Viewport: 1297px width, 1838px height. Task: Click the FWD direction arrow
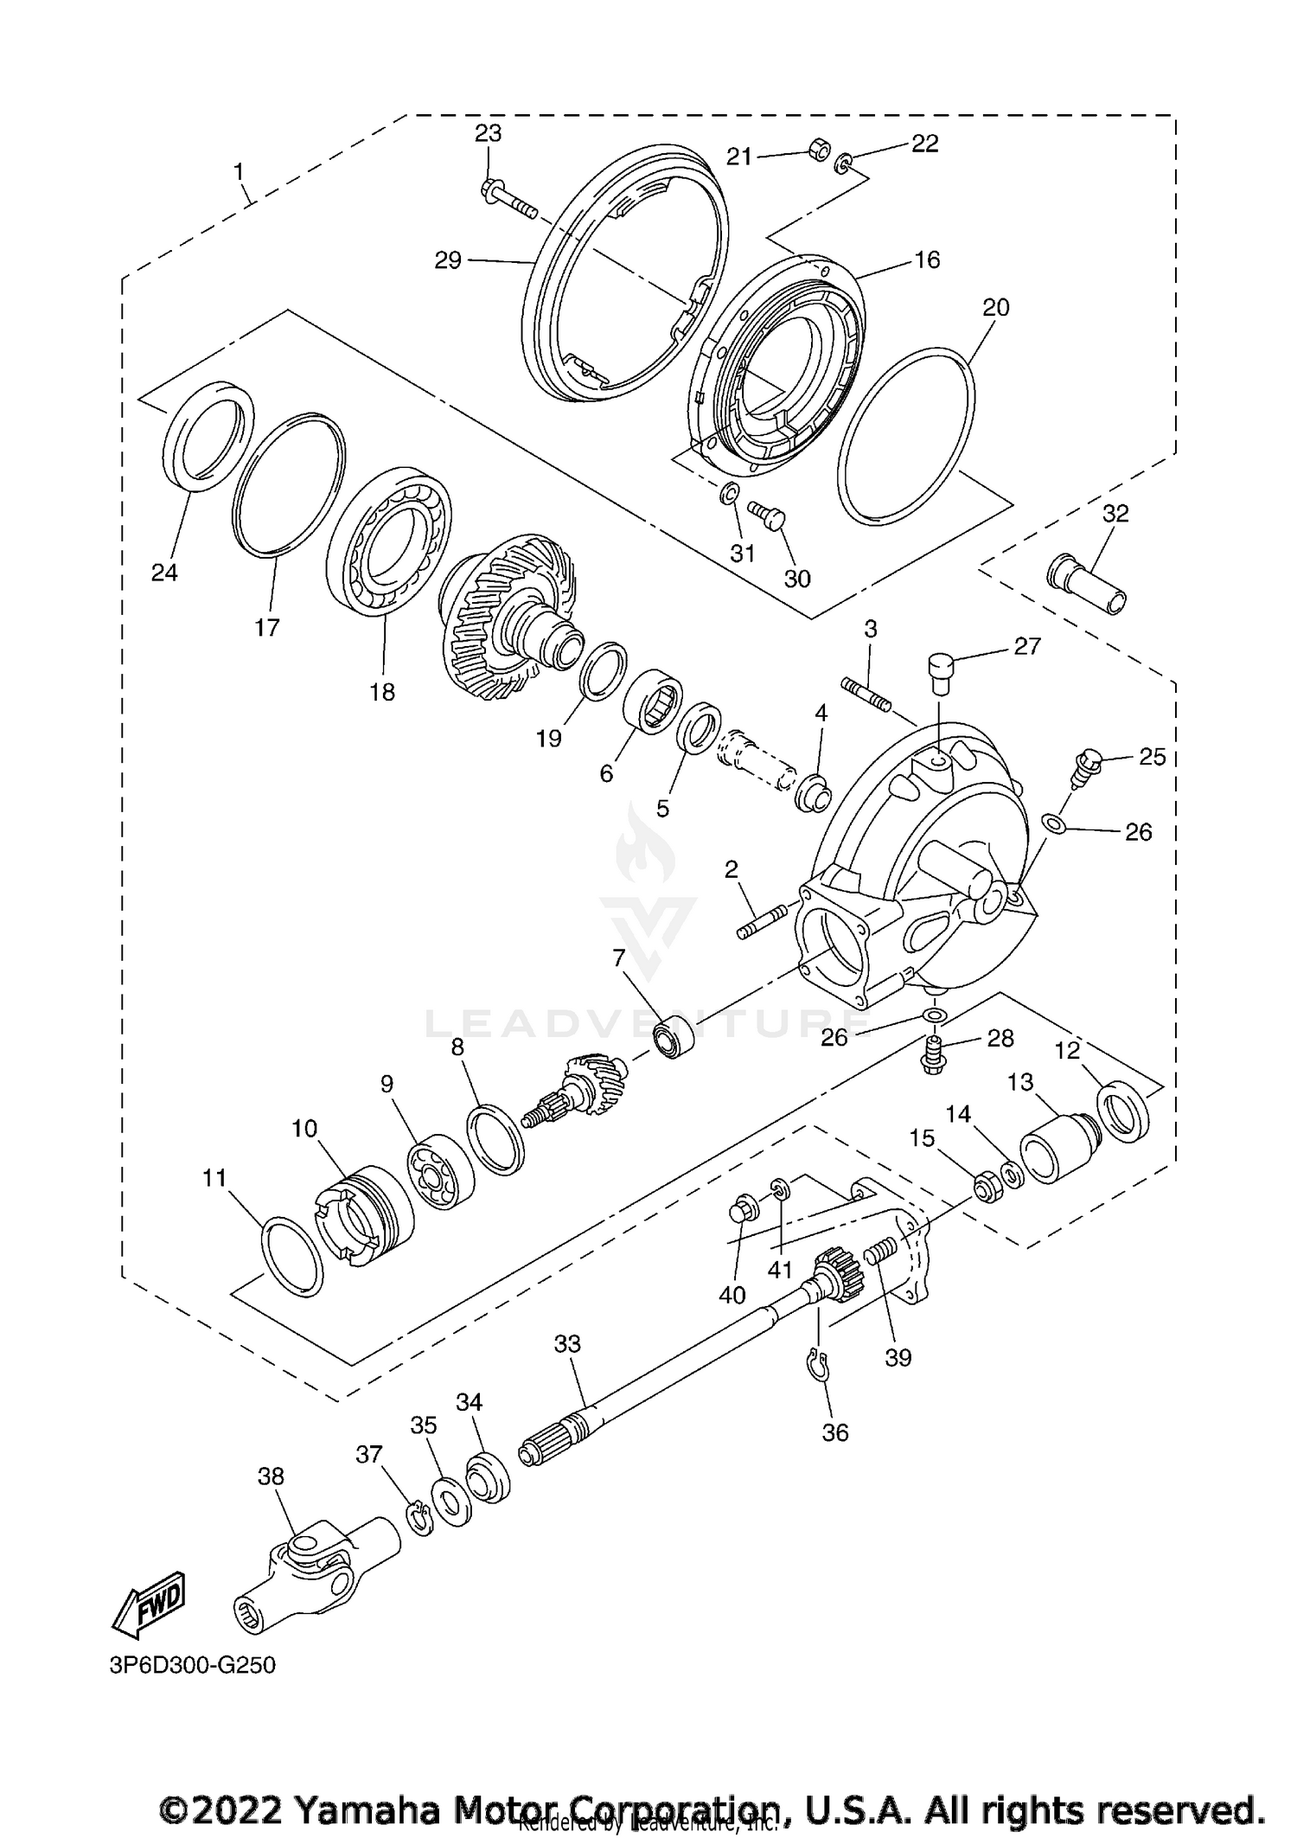(x=149, y=1603)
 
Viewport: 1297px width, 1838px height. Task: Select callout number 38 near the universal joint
(x=271, y=1476)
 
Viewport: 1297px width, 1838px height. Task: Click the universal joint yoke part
(x=316, y=1571)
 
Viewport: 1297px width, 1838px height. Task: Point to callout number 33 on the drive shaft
(x=567, y=1343)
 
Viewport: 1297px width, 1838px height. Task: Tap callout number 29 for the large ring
(x=448, y=259)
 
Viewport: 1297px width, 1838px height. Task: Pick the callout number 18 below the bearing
(x=382, y=692)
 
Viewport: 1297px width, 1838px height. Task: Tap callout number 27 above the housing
(x=1027, y=646)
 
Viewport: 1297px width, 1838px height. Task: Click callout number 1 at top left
(x=240, y=171)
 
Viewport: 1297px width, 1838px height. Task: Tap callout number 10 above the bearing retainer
(x=304, y=1128)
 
